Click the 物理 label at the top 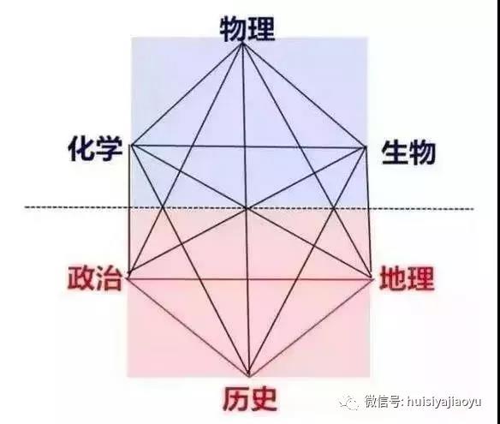247,29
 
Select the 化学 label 95,149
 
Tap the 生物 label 408,152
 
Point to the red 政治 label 95,278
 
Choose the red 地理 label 407,278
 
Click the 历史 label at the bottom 250,399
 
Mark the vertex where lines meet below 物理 242,43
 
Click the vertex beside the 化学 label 131,146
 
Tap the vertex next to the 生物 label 366,147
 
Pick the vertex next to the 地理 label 372,278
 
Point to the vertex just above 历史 249,376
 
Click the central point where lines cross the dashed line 247,208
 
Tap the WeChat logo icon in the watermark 349,402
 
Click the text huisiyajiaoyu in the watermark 444,402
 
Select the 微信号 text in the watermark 384,402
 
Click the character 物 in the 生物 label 423,152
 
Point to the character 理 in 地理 421,278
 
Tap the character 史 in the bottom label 264,399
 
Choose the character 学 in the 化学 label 110,149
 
